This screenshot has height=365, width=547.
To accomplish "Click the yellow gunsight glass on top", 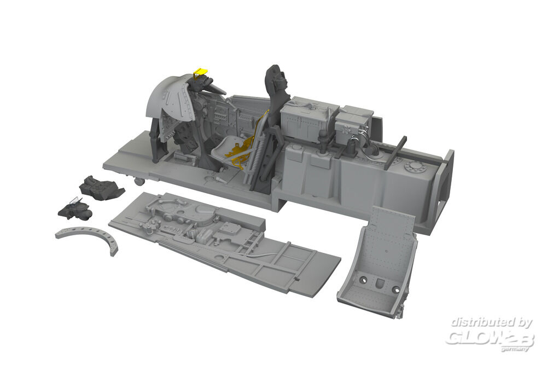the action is coord(199,72).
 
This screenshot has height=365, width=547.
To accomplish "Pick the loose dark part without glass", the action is coord(101,188).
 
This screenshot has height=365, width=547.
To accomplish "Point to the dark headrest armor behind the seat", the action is coord(277,84).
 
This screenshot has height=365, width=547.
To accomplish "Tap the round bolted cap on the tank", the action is coord(414,167).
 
